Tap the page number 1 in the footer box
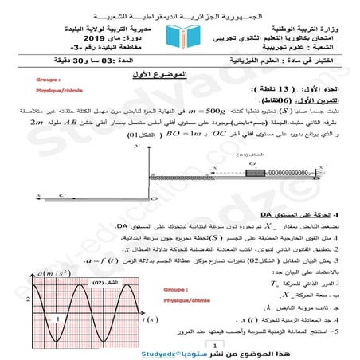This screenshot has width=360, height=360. [182, 344]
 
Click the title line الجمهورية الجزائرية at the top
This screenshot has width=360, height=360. [180, 16]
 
